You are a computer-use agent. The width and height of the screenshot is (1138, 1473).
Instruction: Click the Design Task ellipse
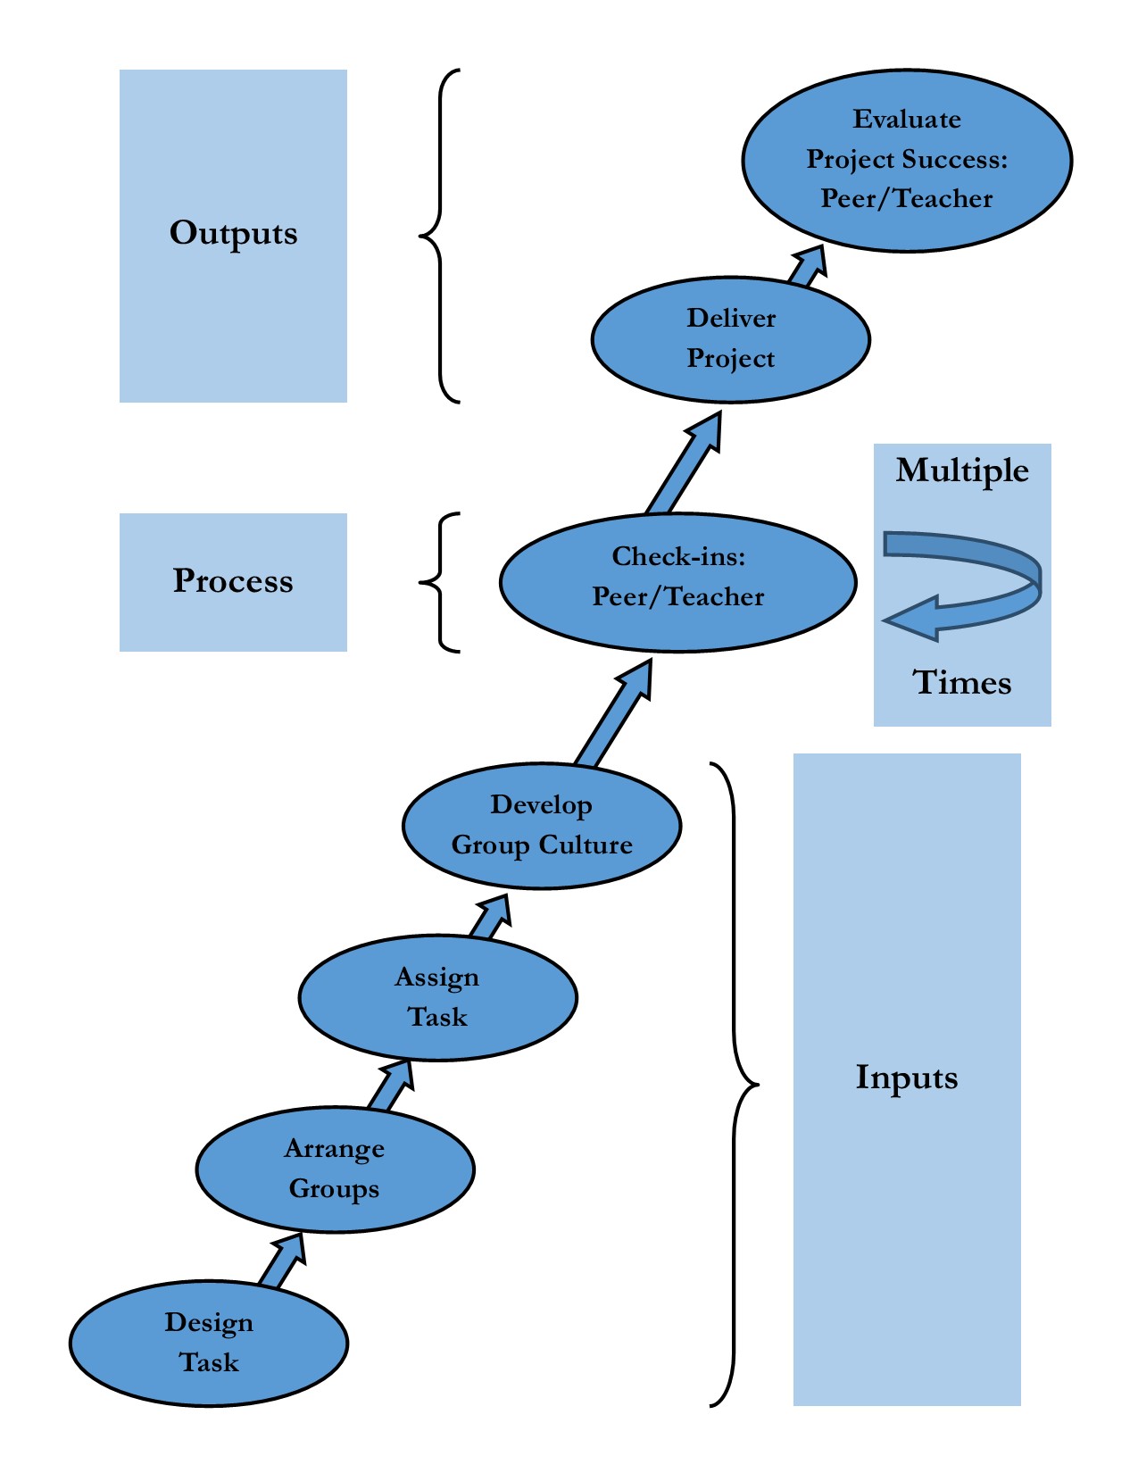click(x=208, y=1344)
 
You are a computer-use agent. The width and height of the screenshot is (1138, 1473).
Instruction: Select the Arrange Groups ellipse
click(x=335, y=1169)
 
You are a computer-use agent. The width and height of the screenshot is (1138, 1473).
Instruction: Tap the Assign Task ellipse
click(x=437, y=997)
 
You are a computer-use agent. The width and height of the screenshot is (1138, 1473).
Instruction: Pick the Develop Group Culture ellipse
click(x=542, y=826)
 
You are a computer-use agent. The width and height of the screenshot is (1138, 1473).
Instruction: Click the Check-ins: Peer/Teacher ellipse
click(x=678, y=582)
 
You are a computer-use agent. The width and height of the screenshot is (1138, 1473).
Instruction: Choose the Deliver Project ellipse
click(x=730, y=339)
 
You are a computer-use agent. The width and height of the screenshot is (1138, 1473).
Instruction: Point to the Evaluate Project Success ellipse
click(x=906, y=160)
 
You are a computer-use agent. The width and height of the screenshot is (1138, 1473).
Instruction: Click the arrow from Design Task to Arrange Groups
click(x=283, y=1261)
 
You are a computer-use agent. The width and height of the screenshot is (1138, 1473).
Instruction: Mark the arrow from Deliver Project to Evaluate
click(x=806, y=266)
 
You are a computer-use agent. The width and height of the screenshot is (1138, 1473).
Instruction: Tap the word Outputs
click(x=233, y=233)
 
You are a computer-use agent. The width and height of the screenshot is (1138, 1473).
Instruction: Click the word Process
click(x=233, y=581)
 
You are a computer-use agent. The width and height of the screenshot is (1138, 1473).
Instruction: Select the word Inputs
click(x=906, y=1078)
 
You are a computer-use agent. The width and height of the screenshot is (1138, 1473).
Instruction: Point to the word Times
click(x=961, y=683)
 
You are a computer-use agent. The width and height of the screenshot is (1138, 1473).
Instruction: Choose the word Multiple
click(x=961, y=470)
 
